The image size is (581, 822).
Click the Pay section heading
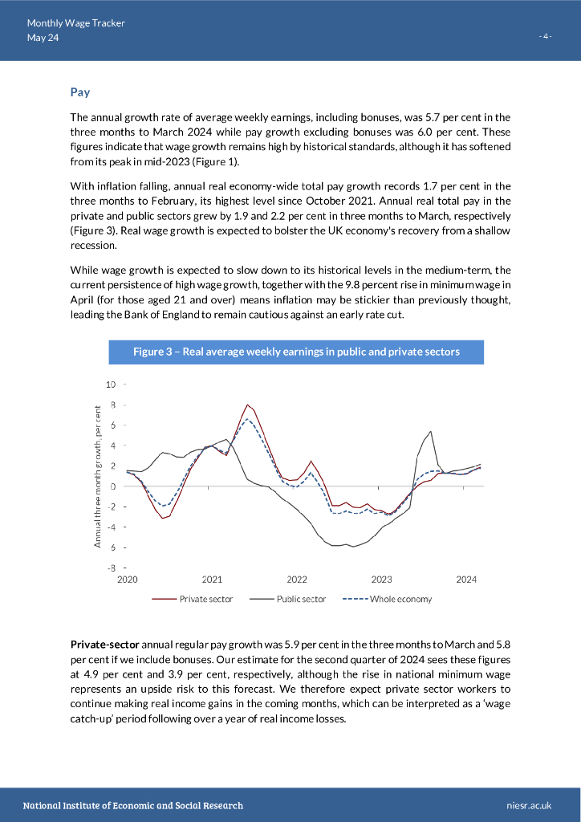79,92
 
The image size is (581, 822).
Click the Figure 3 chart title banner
296,352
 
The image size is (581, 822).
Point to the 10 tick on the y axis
111,385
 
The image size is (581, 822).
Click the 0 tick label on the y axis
113,486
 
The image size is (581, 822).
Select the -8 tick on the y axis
112,568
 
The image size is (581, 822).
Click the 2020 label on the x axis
128,579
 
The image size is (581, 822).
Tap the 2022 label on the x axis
297,579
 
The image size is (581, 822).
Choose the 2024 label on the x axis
466,579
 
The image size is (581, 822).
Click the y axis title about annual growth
97,477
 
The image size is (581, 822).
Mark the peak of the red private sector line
248,405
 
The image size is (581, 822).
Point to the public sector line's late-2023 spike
431,432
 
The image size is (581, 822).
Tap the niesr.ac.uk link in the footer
530,805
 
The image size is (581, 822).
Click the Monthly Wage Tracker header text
75,23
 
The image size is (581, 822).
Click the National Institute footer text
132,805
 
